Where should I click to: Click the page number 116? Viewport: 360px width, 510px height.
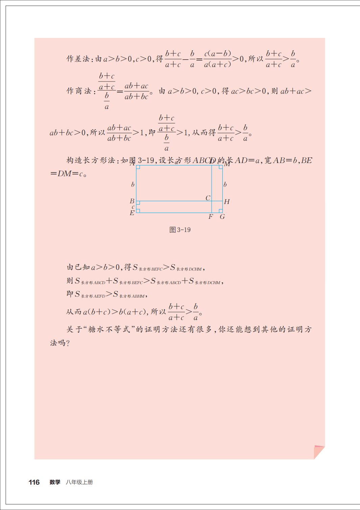34,482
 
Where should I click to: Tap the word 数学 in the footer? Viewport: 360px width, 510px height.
55,482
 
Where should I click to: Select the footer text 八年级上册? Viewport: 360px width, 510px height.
79,482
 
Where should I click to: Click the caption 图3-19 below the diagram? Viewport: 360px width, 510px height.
180,230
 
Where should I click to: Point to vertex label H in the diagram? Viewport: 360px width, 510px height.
227,202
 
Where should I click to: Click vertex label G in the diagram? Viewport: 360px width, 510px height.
222,217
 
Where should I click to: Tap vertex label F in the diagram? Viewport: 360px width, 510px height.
211,217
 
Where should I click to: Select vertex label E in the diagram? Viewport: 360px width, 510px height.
132,213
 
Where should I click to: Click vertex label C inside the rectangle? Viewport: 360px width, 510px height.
208,198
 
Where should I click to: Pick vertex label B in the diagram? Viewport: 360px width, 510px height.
132,201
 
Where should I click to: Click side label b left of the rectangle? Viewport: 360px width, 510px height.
133,185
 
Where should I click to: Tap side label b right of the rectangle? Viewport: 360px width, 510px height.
225,185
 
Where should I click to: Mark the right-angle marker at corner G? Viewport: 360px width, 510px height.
220,211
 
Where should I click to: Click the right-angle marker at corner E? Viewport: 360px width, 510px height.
138,211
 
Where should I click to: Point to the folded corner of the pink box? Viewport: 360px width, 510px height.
319,452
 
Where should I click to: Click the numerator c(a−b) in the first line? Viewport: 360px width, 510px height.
217,54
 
